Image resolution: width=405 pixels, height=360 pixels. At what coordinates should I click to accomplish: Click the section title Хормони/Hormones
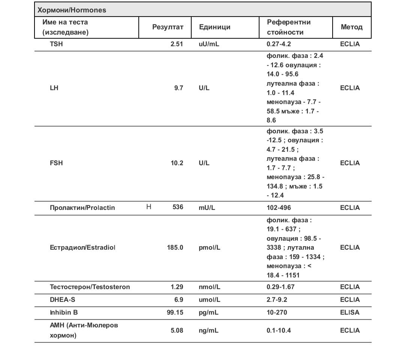click(x=72, y=10)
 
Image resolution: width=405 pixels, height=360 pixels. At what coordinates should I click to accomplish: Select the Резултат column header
click(x=168, y=27)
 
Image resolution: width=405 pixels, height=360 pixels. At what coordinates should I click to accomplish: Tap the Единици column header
click(x=214, y=27)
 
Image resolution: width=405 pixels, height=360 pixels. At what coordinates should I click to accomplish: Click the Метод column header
click(x=351, y=27)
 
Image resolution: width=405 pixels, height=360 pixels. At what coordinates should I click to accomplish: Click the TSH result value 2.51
click(x=177, y=44)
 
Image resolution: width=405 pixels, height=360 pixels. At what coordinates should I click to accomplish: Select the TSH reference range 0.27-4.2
click(x=279, y=44)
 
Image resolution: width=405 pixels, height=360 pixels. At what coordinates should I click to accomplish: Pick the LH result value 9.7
click(x=178, y=88)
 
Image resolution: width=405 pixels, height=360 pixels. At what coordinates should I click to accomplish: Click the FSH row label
click(x=56, y=163)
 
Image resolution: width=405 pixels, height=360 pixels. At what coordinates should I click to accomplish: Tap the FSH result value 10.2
click(x=177, y=163)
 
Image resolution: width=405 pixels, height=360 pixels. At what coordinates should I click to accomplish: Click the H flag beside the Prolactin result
click(x=148, y=207)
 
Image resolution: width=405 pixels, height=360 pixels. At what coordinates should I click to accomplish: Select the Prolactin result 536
click(x=178, y=207)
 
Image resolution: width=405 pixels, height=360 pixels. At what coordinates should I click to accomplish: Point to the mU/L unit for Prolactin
click(x=207, y=208)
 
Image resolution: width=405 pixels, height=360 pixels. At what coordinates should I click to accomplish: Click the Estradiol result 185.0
click(x=175, y=247)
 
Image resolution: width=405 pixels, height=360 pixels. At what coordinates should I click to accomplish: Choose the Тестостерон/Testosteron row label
click(x=90, y=287)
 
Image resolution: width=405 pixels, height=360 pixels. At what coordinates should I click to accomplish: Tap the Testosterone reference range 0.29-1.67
click(x=282, y=287)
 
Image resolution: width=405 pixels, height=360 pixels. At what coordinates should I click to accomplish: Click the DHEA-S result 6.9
click(x=178, y=300)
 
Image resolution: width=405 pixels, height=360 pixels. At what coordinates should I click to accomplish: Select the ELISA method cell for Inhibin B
click(x=349, y=312)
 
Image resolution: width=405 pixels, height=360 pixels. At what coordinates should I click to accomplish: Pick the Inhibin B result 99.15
click(x=175, y=312)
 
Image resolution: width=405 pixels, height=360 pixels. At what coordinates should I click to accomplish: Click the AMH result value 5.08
click(x=177, y=330)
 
